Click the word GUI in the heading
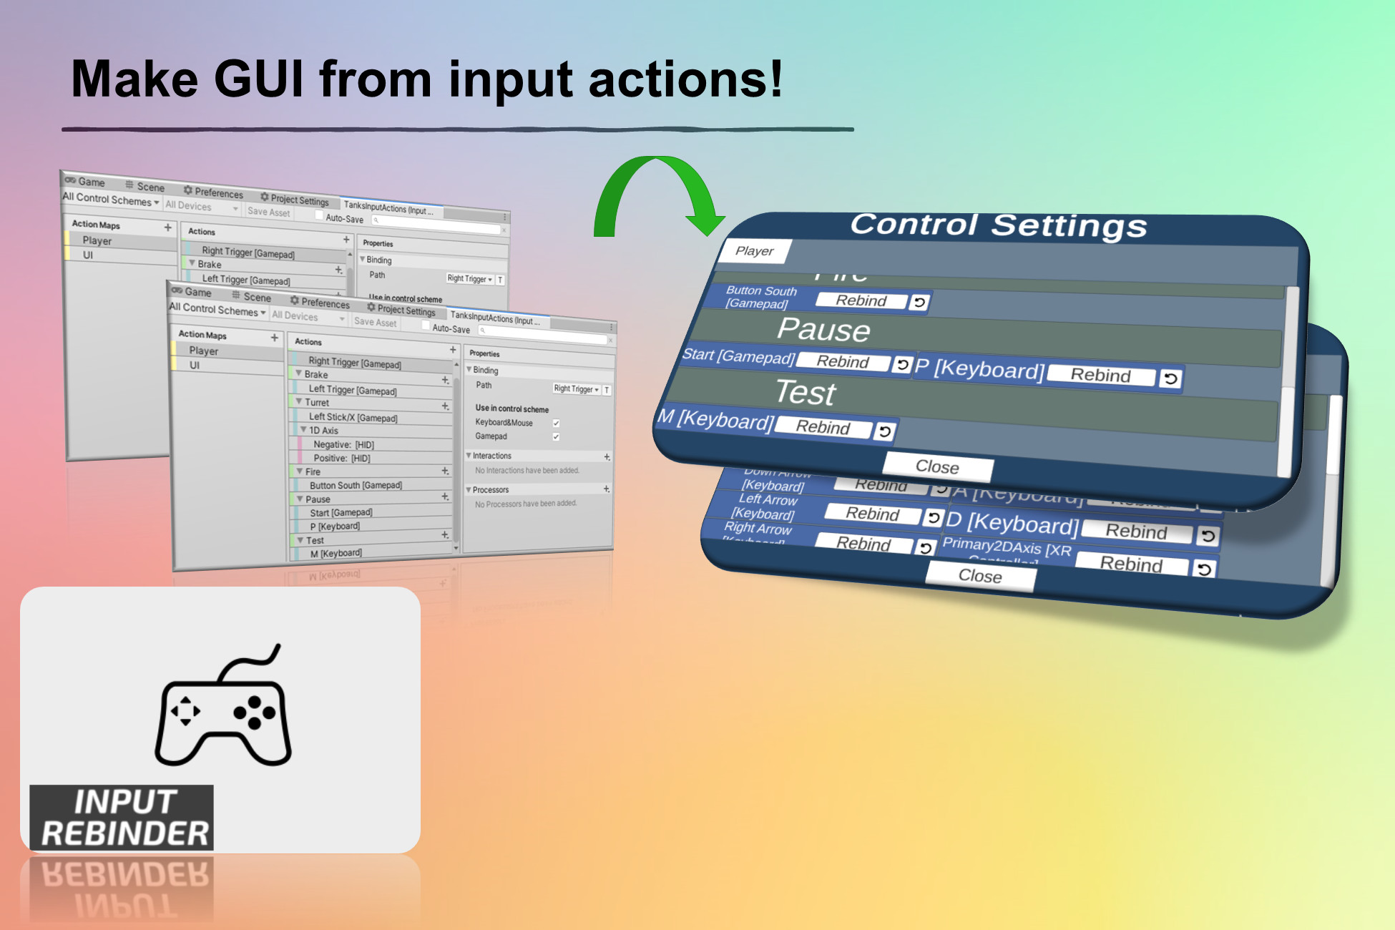point(258,79)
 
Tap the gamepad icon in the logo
point(223,712)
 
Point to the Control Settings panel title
point(998,225)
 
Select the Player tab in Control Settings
point(754,251)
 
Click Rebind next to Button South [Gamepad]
point(861,301)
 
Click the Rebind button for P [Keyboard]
point(1100,376)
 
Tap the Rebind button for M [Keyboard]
point(823,428)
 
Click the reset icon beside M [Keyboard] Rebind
point(885,431)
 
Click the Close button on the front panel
point(937,467)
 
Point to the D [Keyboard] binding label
point(1012,524)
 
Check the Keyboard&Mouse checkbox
point(556,424)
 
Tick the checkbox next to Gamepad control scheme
point(556,437)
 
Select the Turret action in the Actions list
point(317,403)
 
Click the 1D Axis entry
point(323,431)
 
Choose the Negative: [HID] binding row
point(343,444)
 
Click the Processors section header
point(491,490)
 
